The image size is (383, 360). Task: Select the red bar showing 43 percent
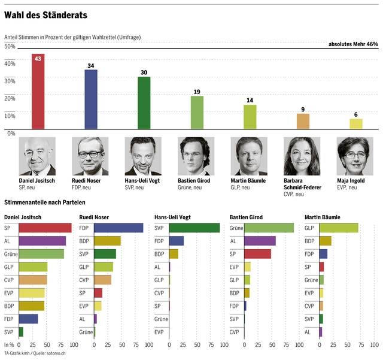click(38, 93)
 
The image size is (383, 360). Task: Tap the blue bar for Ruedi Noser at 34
click(91, 100)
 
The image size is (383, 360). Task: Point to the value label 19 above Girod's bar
click(197, 92)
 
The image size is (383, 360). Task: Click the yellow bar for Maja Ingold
click(356, 123)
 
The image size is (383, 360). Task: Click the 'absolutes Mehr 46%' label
click(353, 44)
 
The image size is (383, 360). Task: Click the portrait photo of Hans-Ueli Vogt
click(144, 156)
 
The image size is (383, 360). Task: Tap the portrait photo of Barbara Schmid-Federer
click(302, 156)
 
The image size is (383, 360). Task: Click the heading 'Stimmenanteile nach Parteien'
click(45, 203)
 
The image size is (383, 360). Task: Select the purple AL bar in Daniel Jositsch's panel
click(42, 241)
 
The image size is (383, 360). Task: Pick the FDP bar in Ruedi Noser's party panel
click(118, 228)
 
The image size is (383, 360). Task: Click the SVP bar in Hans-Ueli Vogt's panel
click(194, 228)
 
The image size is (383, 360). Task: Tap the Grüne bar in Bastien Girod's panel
click(269, 228)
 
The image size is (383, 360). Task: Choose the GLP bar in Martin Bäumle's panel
click(339, 228)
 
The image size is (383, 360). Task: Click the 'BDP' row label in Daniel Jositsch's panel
click(10, 305)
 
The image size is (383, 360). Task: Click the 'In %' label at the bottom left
click(9, 345)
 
